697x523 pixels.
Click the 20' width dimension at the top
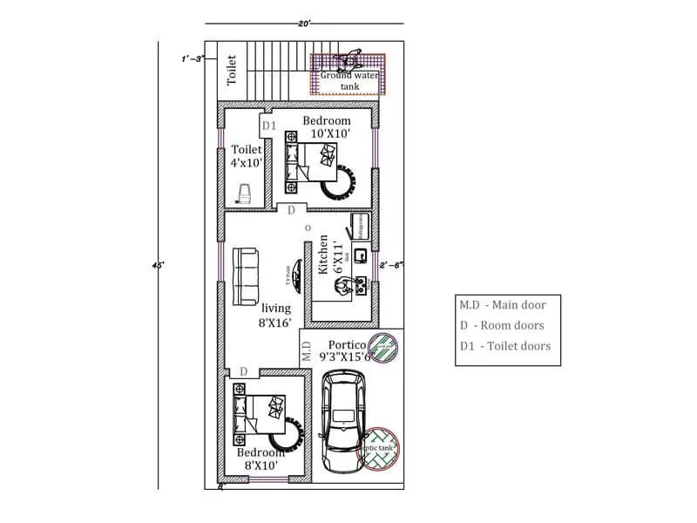[304, 22]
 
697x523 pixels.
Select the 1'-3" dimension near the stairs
[192, 58]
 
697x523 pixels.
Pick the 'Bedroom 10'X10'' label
[327, 127]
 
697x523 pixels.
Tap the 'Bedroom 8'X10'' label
[261, 459]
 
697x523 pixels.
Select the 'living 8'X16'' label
[277, 316]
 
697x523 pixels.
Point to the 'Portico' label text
[345, 344]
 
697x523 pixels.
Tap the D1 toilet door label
[269, 126]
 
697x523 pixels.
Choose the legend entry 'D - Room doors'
[502, 325]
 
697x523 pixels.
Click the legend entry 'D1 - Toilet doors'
[505, 346]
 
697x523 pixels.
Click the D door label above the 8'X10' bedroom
[244, 371]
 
